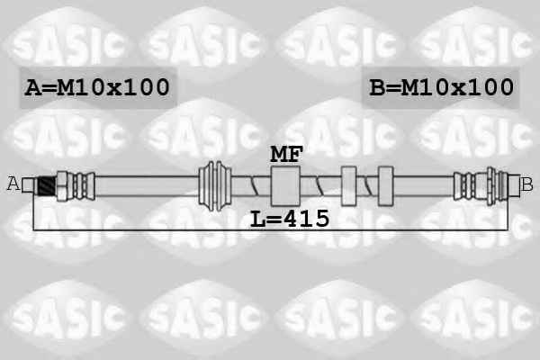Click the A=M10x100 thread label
pos(97,86)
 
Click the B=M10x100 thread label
pos(441,86)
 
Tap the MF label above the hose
pos(286,154)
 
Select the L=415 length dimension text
pos(290,219)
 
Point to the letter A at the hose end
pos(13,184)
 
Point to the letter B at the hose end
pos(526,184)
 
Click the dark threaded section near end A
pos(47,186)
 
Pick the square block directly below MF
pos(285,186)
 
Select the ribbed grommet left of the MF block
pos(215,185)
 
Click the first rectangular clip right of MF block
pos(348,186)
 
